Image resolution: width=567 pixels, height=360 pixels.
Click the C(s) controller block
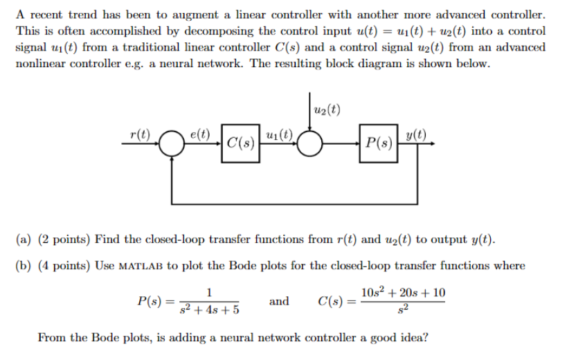coord(241,144)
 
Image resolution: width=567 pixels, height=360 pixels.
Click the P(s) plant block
coord(379,144)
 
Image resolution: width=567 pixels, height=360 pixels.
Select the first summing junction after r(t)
coord(172,145)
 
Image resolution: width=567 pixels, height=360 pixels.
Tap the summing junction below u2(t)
coord(311,145)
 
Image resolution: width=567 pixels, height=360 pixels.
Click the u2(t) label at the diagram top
coord(327,108)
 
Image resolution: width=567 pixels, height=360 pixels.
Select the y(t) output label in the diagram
coord(416,134)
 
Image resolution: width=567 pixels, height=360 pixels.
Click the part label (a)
coord(24,240)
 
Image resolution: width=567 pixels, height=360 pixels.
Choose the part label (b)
coord(24,265)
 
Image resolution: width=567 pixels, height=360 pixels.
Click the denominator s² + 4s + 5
coord(210,309)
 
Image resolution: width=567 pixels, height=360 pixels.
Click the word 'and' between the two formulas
coord(279,301)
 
